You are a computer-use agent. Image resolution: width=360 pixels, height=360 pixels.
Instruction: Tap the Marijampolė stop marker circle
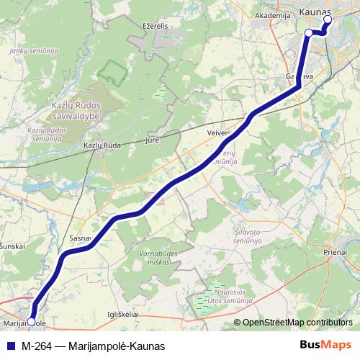[x=30, y=322]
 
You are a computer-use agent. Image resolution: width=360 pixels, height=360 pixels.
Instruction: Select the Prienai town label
[x=334, y=253]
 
